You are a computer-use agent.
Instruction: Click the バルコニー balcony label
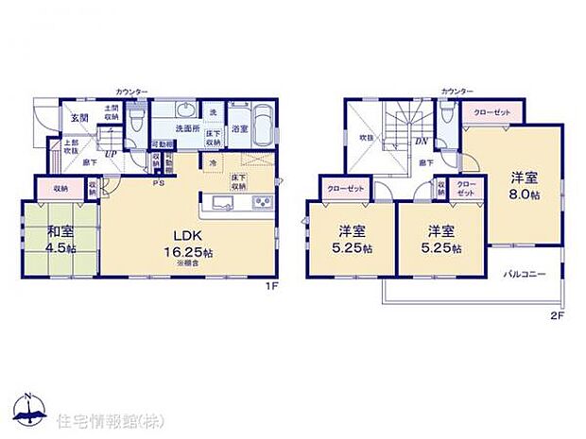[x=525, y=275]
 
